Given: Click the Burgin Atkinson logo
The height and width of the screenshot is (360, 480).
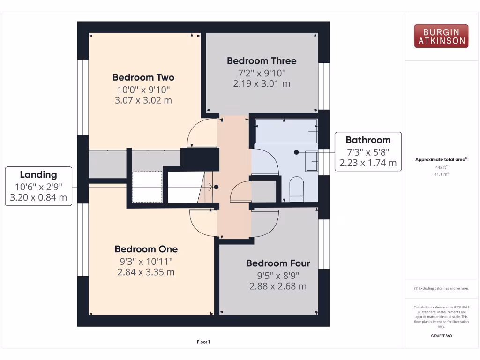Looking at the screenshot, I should pos(441,36).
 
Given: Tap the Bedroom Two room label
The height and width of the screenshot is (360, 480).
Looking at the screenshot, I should pos(143,77).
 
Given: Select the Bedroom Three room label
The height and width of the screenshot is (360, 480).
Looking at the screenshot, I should pos(262,61).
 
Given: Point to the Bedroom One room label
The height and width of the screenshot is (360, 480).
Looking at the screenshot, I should pos(146,249).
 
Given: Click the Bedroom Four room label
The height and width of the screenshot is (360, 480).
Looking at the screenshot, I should pos(278,263).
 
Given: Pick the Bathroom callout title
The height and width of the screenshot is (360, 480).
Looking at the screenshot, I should pos(368,140).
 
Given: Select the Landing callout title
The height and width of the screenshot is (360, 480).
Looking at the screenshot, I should pos(38,175).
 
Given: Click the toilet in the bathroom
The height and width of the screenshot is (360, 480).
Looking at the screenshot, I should pos(297,189).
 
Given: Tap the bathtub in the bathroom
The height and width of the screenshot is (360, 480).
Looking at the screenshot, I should pos(286,131).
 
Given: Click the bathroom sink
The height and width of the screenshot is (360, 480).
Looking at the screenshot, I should pos(312,161).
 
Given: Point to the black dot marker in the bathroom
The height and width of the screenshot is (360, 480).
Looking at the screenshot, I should pos(296,152).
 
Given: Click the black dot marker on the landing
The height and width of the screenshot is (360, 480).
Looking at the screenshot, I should pos(216,187).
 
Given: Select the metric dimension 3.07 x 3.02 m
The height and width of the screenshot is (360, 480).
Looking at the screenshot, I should pos(143,100).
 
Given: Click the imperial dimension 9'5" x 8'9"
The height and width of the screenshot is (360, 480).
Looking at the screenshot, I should pos(278,276).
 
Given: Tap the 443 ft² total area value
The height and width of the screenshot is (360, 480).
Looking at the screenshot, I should pos(441,167).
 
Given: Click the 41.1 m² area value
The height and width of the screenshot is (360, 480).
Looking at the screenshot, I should pos(441,174).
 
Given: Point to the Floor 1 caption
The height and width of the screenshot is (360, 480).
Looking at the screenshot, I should pos(203,342).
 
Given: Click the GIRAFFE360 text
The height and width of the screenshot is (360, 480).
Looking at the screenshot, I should pos(441,336).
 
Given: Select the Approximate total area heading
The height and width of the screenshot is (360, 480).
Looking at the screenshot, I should pos(441,160).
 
